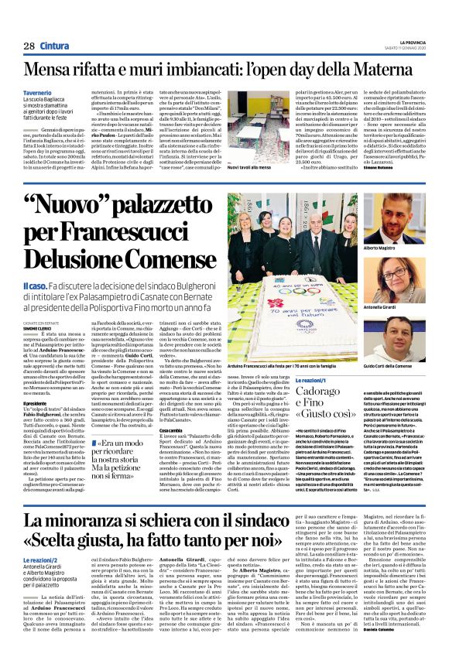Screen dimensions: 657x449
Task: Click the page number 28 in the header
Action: (x=29, y=46)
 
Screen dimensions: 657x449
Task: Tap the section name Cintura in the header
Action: (x=55, y=46)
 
